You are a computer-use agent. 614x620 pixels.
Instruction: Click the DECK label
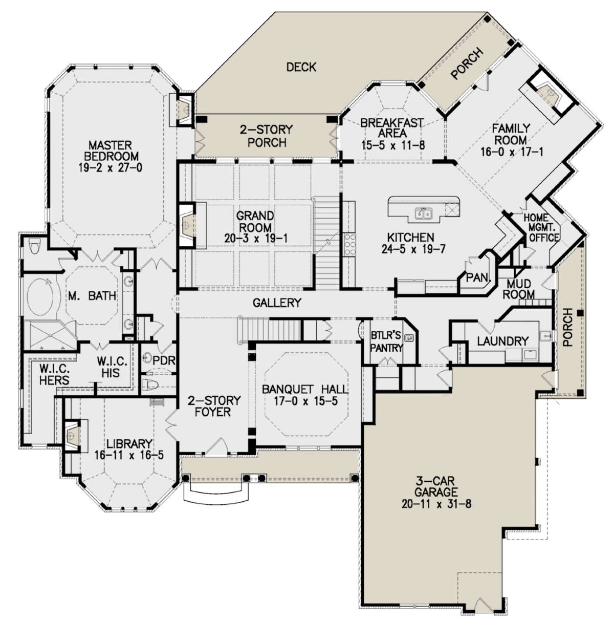click(301, 67)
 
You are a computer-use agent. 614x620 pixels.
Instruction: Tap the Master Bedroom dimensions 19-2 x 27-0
click(111, 167)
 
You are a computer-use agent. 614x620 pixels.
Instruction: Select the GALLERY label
click(277, 303)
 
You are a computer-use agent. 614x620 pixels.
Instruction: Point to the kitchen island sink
click(424, 213)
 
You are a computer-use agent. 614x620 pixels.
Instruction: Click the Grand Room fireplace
click(187, 225)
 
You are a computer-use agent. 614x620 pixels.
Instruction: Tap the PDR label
click(163, 360)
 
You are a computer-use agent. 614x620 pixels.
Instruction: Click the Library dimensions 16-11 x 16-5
click(129, 455)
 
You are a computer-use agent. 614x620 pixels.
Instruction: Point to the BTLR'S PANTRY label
click(386, 341)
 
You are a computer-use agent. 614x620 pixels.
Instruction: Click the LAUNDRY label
click(503, 341)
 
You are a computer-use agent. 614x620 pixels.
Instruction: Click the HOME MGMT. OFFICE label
click(541, 228)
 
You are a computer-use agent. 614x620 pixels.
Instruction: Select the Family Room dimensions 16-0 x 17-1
click(512, 152)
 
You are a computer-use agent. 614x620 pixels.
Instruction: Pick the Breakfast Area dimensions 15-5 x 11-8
click(393, 145)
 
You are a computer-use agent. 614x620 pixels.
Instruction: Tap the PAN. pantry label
click(477, 277)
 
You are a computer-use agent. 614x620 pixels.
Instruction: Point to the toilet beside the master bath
click(34, 246)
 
